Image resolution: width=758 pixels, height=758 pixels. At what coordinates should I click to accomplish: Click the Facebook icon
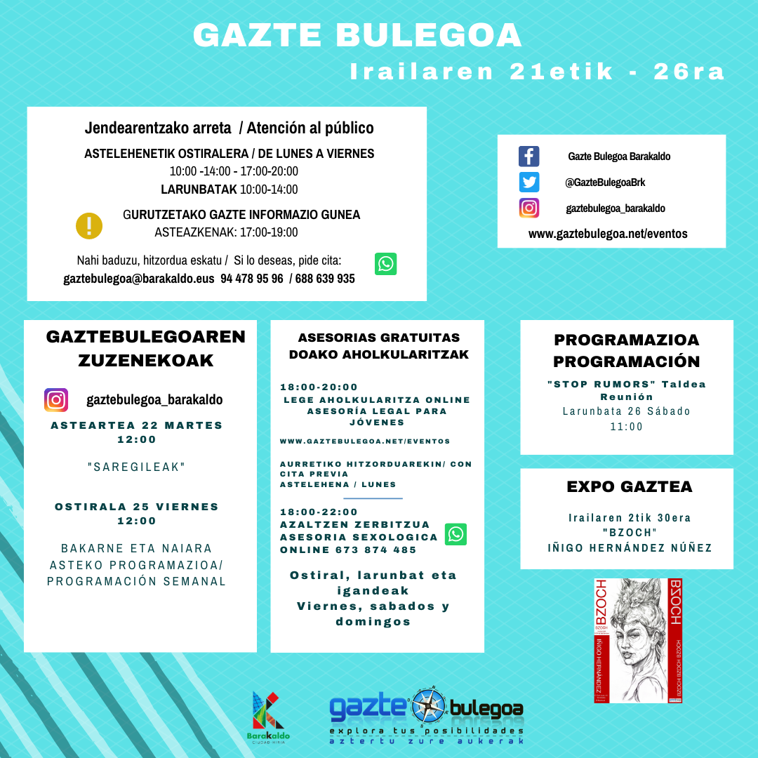click(x=528, y=156)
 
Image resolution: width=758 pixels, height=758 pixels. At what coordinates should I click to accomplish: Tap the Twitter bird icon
click(x=528, y=182)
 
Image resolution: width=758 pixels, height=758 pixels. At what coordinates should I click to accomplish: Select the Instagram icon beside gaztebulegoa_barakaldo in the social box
click(x=528, y=208)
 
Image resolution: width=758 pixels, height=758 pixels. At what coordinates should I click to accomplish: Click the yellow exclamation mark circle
click(x=89, y=226)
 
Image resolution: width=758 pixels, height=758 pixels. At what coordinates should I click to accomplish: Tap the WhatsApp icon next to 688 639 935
click(x=385, y=264)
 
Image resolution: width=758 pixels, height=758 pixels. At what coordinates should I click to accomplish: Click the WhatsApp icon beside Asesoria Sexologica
click(x=456, y=534)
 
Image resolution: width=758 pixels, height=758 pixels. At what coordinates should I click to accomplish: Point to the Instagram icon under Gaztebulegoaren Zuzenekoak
click(x=56, y=400)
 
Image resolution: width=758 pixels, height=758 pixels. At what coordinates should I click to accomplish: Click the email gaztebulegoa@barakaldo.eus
click(x=138, y=279)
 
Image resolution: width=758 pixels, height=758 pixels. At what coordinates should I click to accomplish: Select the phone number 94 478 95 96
click(x=252, y=279)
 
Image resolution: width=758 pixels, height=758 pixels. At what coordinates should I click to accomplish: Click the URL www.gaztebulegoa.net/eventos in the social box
click(x=608, y=234)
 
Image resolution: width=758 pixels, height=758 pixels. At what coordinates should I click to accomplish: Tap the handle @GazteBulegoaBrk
click(x=605, y=182)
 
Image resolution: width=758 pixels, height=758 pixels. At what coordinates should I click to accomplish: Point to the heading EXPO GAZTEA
click(x=629, y=486)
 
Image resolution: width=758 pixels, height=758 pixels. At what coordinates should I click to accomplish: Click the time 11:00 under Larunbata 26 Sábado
click(x=626, y=426)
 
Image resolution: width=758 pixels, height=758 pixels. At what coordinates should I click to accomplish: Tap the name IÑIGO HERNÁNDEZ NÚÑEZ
click(x=630, y=547)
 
